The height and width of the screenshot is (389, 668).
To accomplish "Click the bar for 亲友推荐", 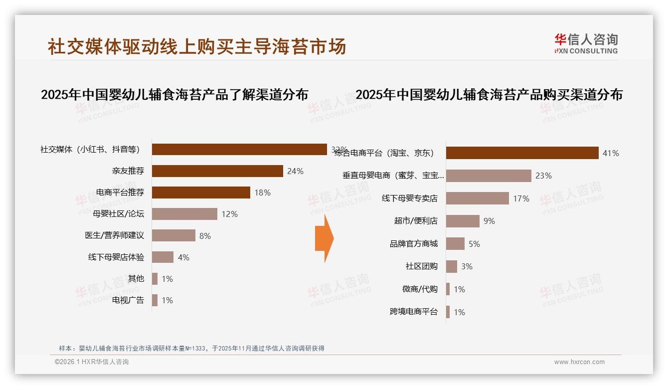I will [x=217, y=171].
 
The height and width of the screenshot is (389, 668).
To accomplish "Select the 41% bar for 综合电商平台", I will [x=522, y=153].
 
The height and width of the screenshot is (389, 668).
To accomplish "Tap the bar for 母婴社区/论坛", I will [x=184, y=214].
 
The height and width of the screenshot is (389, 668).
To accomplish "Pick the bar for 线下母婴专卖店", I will [x=477, y=198].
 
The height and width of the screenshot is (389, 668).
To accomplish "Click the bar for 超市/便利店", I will [x=463, y=221].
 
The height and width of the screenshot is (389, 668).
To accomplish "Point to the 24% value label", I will [x=295, y=171].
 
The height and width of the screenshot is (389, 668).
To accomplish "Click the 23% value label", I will [x=543, y=176].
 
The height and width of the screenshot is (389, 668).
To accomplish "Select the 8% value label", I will [x=205, y=236].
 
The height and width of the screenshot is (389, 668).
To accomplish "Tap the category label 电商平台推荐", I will [x=120, y=193].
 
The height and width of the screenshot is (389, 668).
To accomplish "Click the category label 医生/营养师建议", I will [x=115, y=235].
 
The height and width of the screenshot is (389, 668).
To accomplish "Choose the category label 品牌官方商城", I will [x=414, y=244].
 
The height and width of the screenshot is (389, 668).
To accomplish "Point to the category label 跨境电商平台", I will [x=414, y=312].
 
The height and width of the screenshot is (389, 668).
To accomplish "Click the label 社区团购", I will [x=422, y=266].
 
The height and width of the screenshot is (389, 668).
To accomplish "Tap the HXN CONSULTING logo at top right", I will [x=586, y=44].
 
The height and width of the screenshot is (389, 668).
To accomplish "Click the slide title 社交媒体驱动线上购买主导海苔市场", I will [x=197, y=47].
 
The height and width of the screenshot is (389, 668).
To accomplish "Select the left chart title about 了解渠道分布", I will [x=174, y=95].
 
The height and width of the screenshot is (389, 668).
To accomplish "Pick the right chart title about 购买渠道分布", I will [x=489, y=95].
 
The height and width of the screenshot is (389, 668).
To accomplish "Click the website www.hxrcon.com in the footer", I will [x=579, y=362].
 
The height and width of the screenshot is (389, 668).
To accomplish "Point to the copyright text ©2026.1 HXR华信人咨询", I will [x=92, y=362].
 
